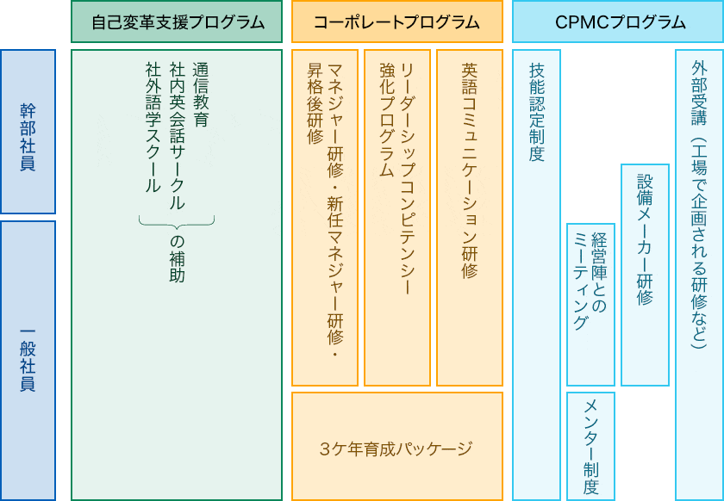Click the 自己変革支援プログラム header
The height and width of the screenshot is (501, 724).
[x=177, y=22]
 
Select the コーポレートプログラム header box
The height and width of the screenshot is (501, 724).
[x=397, y=22]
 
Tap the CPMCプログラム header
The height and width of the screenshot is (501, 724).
[x=618, y=22]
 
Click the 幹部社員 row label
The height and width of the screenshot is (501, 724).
[x=28, y=132]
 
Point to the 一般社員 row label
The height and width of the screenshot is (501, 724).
[x=28, y=361]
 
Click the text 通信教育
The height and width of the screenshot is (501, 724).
[x=200, y=95]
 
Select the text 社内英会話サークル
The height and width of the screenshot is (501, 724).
[x=177, y=136]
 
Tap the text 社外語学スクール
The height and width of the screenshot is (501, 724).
[x=153, y=127]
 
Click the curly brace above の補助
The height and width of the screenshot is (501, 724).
[x=177, y=223]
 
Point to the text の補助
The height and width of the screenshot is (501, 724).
[x=177, y=259]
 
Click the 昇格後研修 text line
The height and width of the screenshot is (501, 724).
[x=315, y=104]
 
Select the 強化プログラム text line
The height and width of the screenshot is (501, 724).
[x=387, y=120]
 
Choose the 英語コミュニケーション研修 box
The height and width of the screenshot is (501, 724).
[x=470, y=217]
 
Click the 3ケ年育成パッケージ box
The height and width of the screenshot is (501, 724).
[x=397, y=446]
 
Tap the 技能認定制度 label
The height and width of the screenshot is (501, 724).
[x=536, y=112]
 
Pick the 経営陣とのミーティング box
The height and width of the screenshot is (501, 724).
[x=590, y=305]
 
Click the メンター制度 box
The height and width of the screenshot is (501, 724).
[x=590, y=446]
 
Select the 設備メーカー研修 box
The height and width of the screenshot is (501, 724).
[x=645, y=275]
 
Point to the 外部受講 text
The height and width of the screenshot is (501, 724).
[x=700, y=93]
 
